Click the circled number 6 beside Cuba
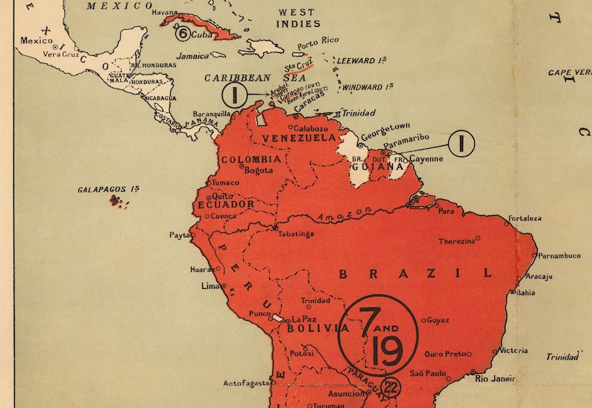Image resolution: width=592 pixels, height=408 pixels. tap(182, 33)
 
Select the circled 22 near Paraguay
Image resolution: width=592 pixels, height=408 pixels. tap(389, 387)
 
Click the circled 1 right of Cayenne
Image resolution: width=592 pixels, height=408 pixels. tap(462, 144)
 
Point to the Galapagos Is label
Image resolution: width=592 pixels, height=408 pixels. tap(109, 190)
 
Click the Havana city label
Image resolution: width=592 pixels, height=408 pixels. tap(166, 13)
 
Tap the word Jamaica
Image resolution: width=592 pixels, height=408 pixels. tap(193, 56)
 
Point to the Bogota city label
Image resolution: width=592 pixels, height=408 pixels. tap(259, 170)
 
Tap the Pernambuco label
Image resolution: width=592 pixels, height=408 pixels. tap(560, 255)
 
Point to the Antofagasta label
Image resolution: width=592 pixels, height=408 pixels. tap(245, 383)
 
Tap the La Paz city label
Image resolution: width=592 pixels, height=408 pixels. tap(303, 319)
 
